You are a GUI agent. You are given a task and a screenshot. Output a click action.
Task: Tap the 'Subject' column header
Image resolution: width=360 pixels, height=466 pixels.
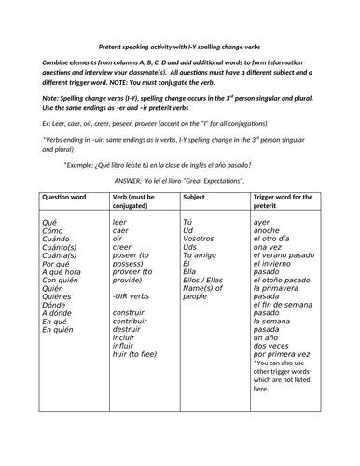(x=195, y=197)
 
